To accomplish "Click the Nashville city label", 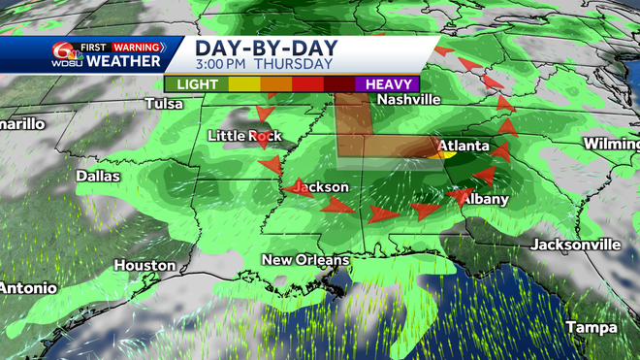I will coord(408,100).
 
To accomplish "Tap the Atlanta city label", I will coord(462,147).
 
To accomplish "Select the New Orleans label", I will coord(305,260).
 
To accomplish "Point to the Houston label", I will coord(144,265).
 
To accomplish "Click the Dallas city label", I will coord(98,177).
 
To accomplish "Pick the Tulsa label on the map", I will coord(163,104).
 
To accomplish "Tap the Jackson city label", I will coord(320,186).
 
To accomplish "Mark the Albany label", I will coord(484,199).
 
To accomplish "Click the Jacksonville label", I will coord(574,245).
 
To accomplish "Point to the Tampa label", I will coord(592,326).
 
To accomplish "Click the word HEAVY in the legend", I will coord(387,83).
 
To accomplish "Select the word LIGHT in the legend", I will coord(198,83).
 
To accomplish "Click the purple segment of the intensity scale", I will coord(387,83).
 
